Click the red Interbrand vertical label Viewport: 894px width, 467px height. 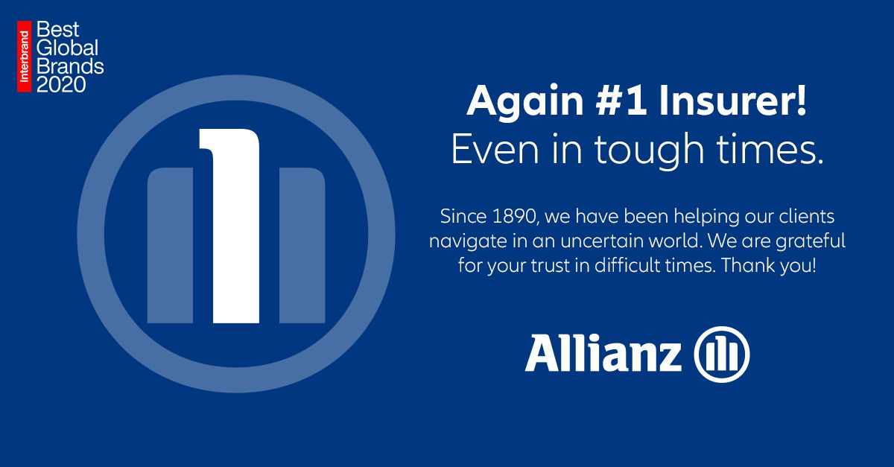coord(24,57)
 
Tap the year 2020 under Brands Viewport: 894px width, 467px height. coord(61,85)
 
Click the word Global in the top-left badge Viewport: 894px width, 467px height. coord(67,48)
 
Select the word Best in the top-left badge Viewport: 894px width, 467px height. coord(57,30)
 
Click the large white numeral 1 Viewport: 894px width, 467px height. coord(230,226)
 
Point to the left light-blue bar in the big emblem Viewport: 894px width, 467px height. coord(170,246)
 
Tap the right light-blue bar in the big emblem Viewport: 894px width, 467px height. coord(302,246)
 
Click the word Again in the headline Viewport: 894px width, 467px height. coord(525,102)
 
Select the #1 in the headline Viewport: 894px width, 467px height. coord(620,101)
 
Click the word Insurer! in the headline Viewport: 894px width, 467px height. coord(733,101)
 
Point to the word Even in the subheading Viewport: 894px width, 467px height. coord(495,150)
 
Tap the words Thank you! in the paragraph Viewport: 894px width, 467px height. coord(769,265)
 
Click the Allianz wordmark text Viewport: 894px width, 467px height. coord(603,354)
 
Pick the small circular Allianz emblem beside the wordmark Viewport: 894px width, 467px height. coord(722,355)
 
